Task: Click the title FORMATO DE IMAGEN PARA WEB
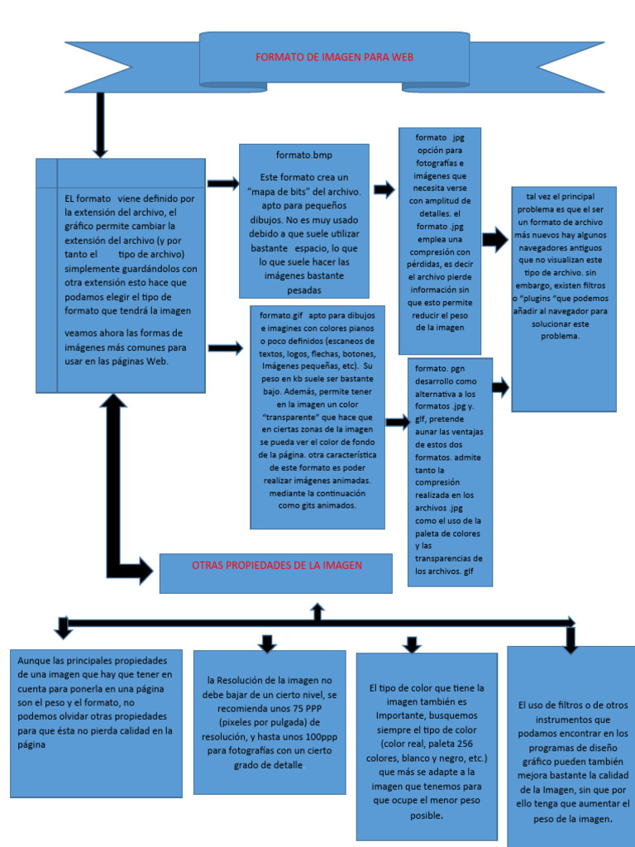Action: pyautogui.click(x=334, y=57)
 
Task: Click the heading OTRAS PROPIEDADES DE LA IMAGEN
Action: pyautogui.click(x=276, y=565)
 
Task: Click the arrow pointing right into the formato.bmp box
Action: pyautogui.click(x=222, y=183)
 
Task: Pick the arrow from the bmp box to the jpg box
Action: pyautogui.click(x=384, y=190)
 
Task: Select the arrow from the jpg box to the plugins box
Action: pyautogui.click(x=494, y=241)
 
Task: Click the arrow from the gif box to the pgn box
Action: pyautogui.click(x=397, y=423)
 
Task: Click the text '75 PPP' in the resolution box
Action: pyautogui.click(x=303, y=709)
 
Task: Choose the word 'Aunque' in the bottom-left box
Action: pyautogui.click(x=34, y=660)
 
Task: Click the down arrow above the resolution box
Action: pyautogui.click(x=267, y=643)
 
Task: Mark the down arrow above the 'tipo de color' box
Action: pyautogui.click(x=411, y=644)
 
